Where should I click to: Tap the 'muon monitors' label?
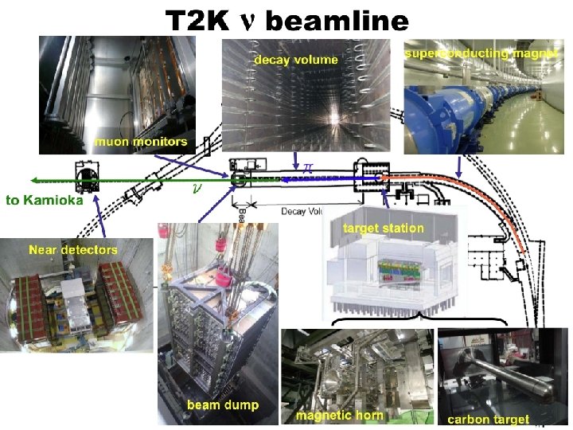142,143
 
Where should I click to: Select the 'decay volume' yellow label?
295,59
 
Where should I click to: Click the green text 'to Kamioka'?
45,201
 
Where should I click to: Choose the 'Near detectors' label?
73,250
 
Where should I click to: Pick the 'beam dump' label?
223,405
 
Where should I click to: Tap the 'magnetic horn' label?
339,415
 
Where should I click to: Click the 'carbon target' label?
488,419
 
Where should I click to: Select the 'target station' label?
384,229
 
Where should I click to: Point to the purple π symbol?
306,168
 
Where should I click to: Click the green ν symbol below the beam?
197,189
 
